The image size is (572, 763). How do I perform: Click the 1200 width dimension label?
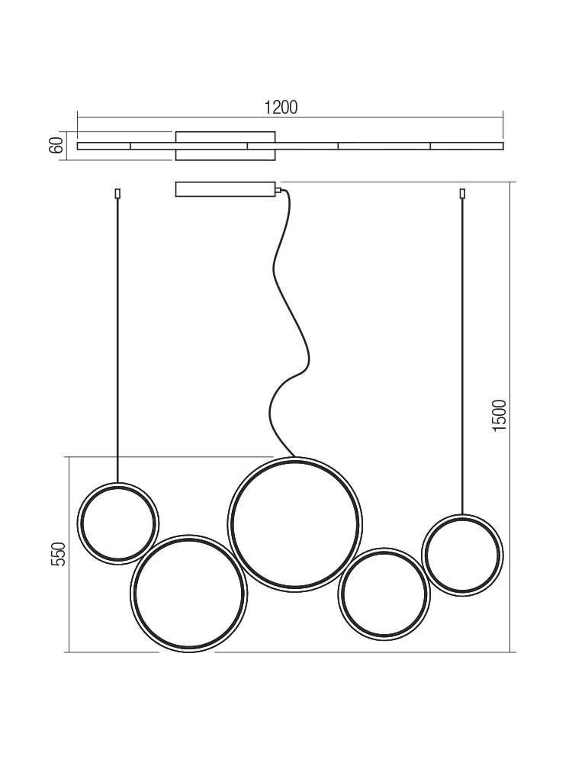tap(281, 107)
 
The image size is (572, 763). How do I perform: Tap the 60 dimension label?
tap(56, 146)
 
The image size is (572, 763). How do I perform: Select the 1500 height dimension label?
tap(499, 415)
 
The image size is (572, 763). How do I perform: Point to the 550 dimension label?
tap(58, 554)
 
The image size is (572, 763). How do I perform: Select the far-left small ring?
tap(118, 483)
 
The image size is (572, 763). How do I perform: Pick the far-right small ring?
tap(462, 515)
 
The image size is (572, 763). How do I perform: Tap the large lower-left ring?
tap(188, 536)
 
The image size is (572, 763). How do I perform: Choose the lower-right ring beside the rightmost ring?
tap(384, 549)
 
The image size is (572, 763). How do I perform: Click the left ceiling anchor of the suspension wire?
tap(117, 194)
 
